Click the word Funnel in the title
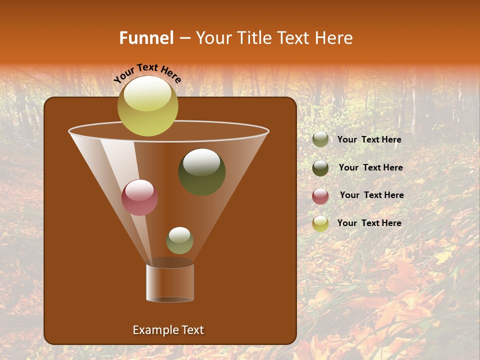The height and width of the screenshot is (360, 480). tap(146, 38)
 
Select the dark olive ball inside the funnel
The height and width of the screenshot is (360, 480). tap(201, 172)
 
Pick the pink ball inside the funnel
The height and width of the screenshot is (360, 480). tap(139, 198)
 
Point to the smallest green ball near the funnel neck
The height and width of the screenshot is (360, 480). tap(179, 240)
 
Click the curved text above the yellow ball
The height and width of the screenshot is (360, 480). tap(147, 73)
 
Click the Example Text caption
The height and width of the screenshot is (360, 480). tap(168, 330)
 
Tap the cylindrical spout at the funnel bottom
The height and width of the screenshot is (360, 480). tap(170, 282)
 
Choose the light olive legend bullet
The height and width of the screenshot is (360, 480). tap(320, 139)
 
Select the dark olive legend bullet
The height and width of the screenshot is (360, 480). tap(320, 168)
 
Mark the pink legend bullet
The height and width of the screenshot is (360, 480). tap(320, 196)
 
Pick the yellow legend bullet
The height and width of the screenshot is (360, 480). tap(320, 223)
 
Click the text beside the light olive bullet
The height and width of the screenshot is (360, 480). tap(369, 140)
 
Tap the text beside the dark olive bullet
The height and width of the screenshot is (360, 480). tap(370, 168)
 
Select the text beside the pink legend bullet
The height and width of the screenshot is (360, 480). tap(371, 195)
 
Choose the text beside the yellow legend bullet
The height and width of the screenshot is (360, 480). tap(369, 223)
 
